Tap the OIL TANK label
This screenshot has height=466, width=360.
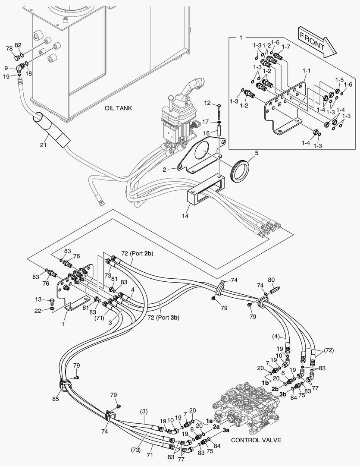pos(118,108)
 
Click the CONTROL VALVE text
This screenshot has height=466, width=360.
pos(256,440)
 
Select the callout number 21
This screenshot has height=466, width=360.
pos(43,145)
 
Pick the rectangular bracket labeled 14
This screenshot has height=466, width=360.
pos(205,192)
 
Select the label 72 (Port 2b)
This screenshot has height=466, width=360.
pos(137,254)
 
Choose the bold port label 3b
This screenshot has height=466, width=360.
pos(283,394)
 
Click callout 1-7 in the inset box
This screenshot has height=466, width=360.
pos(286,47)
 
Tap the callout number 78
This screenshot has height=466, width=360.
pos(9,49)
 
